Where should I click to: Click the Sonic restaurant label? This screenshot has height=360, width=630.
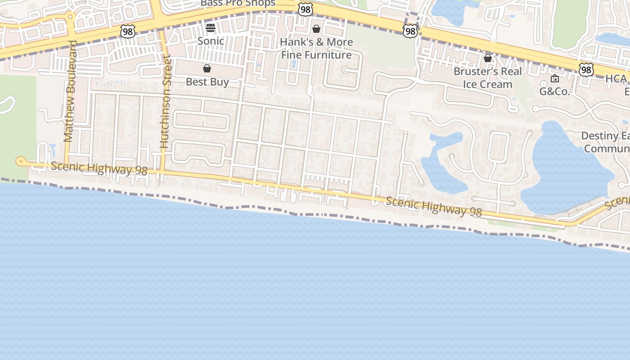click(211, 41)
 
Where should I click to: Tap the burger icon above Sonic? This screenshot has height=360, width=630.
click(211, 28)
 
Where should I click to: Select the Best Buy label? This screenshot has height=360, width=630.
click(207, 82)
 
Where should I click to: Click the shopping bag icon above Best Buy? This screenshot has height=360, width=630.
click(207, 68)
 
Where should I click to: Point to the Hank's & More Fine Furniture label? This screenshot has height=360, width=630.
click(316, 49)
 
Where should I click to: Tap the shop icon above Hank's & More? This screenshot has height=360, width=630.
click(316, 29)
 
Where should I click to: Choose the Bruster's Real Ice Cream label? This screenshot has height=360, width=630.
click(488, 78)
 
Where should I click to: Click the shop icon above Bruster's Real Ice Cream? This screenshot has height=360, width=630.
click(488, 58)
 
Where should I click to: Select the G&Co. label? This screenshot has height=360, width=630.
click(555, 92)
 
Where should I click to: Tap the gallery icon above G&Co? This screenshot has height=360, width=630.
click(555, 78)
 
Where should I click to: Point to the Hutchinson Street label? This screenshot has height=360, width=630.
click(166, 102)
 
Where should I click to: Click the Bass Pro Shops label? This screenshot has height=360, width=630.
click(238, 3)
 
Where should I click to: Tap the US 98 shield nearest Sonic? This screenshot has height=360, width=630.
click(128, 31)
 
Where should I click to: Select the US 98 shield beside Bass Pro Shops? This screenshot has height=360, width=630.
click(306, 9)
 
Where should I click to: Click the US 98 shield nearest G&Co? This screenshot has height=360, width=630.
click(586, 70)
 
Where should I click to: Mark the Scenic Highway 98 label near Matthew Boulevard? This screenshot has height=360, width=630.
click(99, 169)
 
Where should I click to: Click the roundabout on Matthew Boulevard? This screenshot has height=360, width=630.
click(70, 17)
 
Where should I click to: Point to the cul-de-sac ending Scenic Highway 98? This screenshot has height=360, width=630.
click(20, 161)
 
